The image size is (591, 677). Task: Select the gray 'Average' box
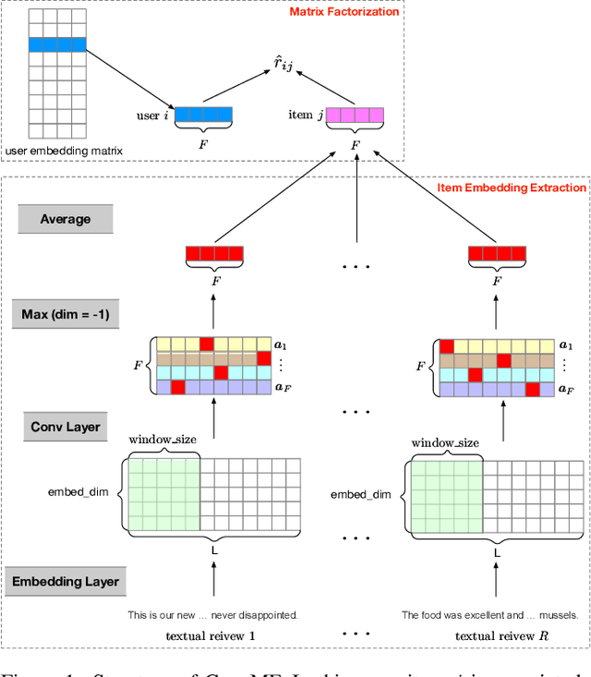[x=66, y=219]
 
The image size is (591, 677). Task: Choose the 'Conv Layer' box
[x=66, y=427]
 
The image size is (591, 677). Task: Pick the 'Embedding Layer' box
[x=66, y=582]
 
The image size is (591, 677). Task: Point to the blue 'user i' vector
[x=203, y=115]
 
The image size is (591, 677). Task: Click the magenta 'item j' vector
[x=355, y=115]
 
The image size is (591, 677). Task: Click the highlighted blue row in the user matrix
[x=56, y=44]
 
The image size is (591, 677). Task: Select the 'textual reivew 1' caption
[x=211, y=635]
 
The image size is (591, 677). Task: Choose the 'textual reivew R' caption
[x=496, y=635]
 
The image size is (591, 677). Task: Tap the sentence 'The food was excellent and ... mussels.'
[x=489, y=614]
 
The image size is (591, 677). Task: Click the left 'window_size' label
[x=162, y=440]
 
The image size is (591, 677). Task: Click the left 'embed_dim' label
[x=78, y=491]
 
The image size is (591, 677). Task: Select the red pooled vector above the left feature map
[x=214, y=252]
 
